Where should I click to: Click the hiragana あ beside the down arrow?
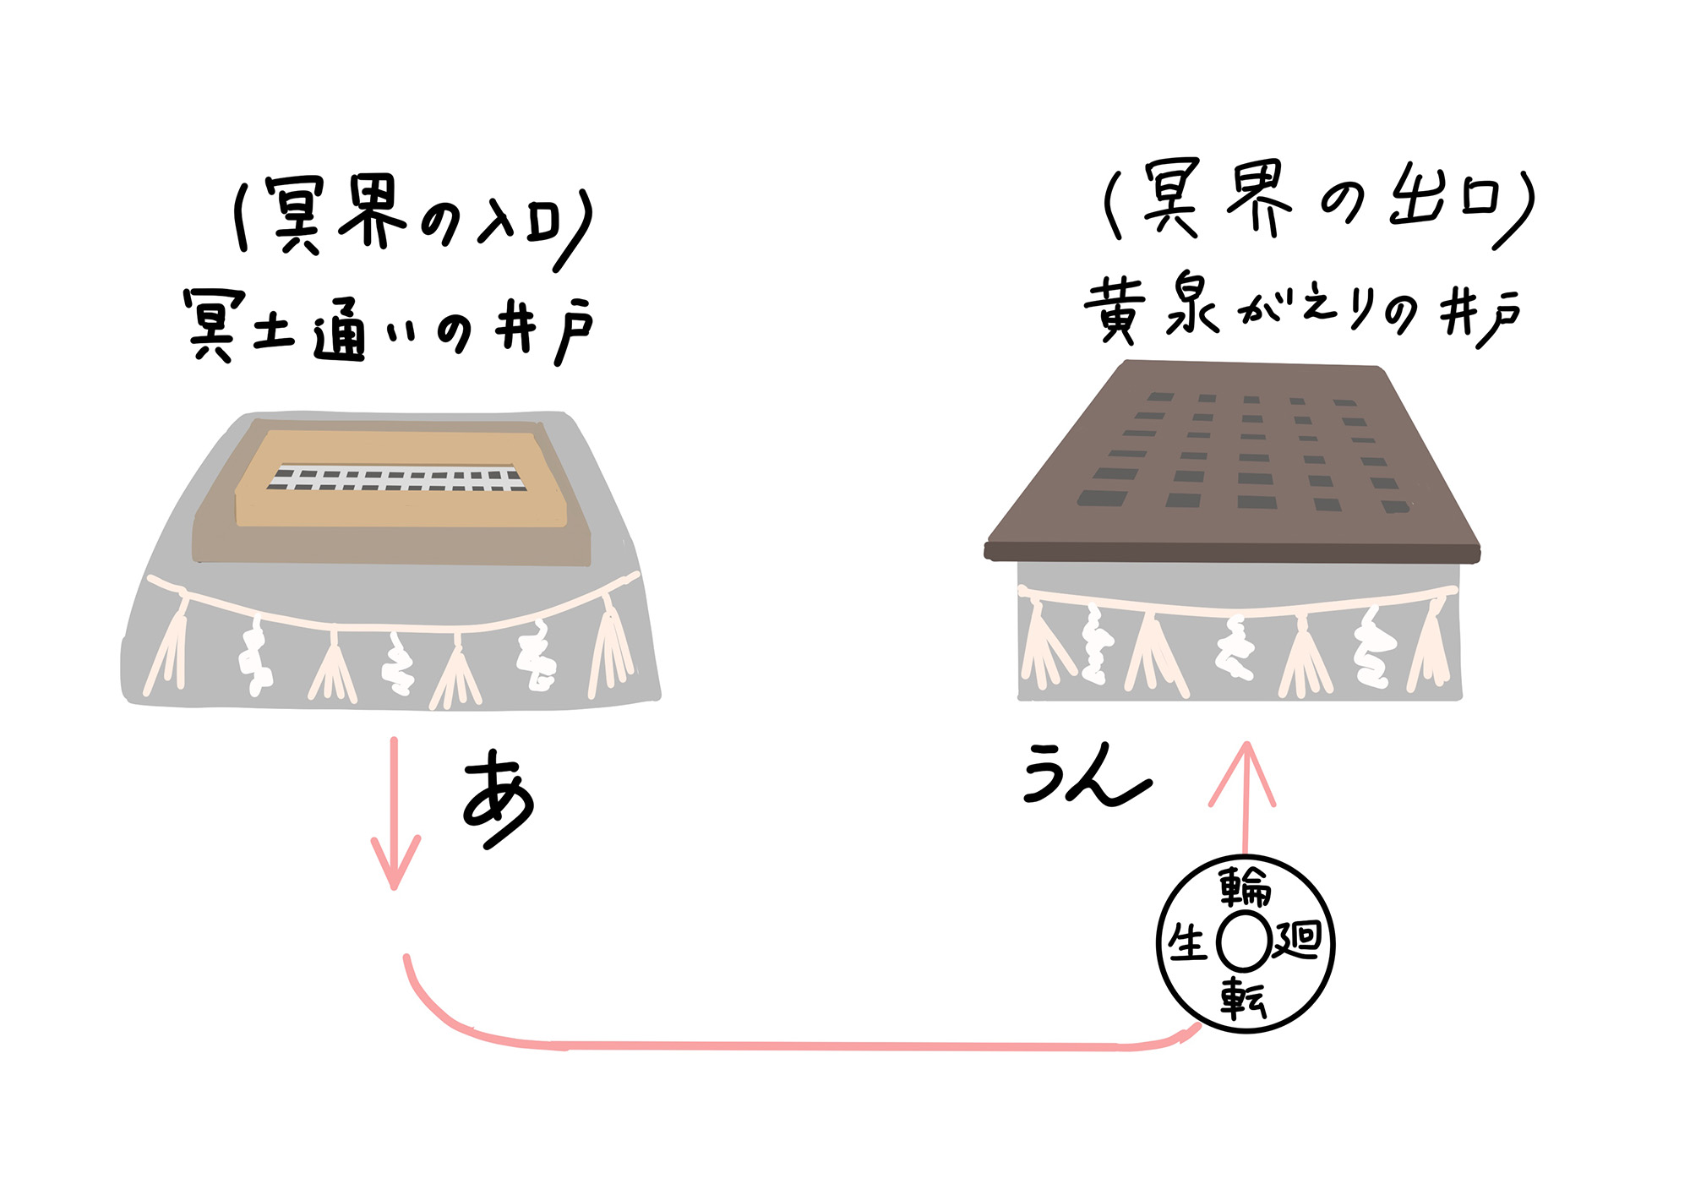tap(499, 799)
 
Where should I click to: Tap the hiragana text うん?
tap(1088, 774)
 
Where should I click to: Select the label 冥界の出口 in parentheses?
tap(1319, 203)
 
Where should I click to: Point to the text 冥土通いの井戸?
tap(389, 328)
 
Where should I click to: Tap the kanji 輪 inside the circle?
tap(1245, 887)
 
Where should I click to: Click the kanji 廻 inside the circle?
tap(1297, 939)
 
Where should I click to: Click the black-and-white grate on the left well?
tap(397, 477)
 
